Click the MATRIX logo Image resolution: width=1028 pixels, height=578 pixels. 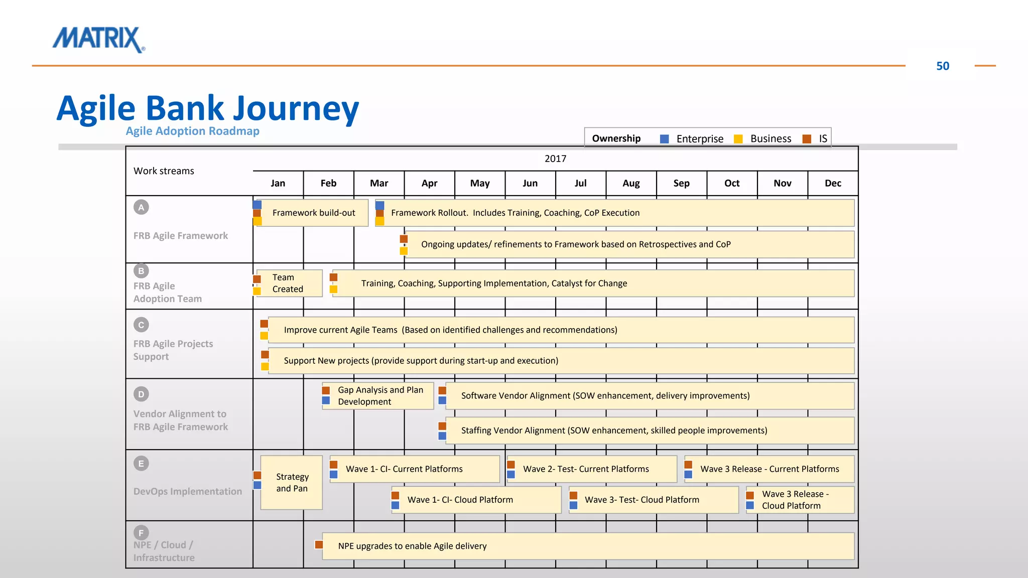(99, 39)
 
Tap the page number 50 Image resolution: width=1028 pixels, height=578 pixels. (942, 66)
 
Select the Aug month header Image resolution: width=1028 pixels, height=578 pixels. (631, 183)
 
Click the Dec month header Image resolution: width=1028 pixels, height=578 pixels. (833, 183)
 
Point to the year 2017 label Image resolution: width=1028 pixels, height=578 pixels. (555, 159)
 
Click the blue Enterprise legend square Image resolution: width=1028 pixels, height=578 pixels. (664, 139)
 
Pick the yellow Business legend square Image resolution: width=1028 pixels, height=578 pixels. (738, 139)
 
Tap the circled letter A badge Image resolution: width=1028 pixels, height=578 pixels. (141, 207)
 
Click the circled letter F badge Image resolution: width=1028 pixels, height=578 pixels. (141, 532)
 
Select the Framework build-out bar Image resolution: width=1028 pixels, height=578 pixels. (314, 213)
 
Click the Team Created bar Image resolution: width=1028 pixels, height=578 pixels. (289, 283)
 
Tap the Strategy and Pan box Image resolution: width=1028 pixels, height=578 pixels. (292, 482)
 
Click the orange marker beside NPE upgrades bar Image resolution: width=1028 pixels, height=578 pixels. (319, 545)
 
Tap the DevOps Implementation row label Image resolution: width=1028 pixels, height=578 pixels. (187, 491)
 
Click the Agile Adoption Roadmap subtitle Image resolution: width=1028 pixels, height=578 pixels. (192, 131)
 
